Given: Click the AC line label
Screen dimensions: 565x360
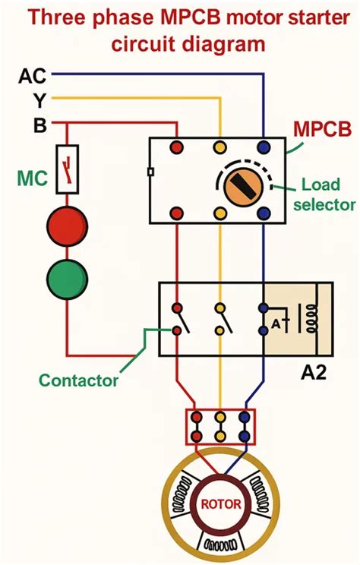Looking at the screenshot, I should click(32, 76).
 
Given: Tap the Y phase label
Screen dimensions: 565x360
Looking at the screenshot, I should click(38, 100).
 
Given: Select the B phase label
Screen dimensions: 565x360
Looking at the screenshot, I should click(39, 125).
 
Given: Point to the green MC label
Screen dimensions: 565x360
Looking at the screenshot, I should click(32, 180).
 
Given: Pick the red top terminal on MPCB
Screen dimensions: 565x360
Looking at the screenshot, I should click(176, 145).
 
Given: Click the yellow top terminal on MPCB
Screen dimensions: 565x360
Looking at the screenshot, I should click(220, 145).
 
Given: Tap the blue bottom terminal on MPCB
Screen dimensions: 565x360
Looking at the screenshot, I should click(264, 213).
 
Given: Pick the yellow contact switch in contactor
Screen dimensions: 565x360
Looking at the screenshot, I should click(220, 319).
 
